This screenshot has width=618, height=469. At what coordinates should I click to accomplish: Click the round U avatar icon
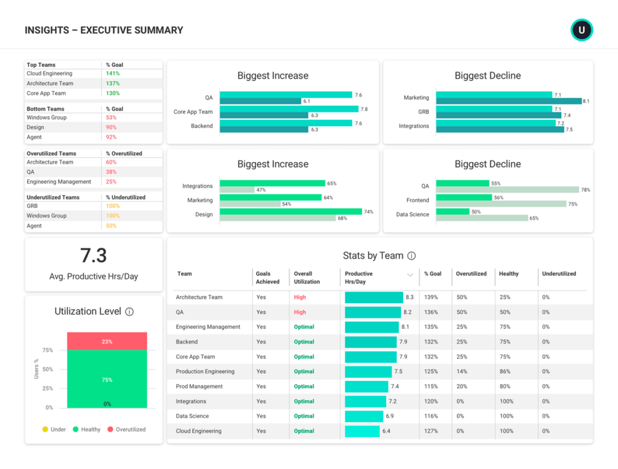pos(582,30)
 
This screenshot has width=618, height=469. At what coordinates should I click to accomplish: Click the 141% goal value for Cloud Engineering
pos(113,74)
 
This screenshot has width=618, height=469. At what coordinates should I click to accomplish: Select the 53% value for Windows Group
pos(111,118)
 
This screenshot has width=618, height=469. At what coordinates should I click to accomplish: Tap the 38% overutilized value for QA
pos(111,172)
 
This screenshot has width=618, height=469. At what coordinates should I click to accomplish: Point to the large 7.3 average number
pos(94,256)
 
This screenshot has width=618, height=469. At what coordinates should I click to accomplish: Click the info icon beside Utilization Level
pos(129,312)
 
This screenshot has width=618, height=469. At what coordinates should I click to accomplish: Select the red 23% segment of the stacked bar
pos(107,342)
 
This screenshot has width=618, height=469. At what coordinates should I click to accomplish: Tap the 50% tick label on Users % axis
pos(48,369)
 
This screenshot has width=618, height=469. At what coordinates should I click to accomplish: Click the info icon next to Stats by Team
pos(412,256)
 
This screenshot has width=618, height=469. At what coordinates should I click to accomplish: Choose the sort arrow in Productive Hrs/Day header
pos(410,275)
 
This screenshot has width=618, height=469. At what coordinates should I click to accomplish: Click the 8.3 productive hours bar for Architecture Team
pos(374,298)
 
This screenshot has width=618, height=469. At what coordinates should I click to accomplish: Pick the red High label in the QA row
pos(300,313)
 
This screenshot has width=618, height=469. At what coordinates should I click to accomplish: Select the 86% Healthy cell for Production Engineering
pos(506,372)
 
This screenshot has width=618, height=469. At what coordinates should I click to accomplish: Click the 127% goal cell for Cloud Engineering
pos(431,431)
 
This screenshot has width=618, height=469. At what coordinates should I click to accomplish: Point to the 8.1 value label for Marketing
pos(586,101)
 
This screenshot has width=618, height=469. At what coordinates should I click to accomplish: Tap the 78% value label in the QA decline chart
pos(585,190)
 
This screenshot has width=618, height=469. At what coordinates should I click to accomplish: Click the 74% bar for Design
pos(291,212)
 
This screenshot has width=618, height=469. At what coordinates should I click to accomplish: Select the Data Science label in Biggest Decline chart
pos(413,215)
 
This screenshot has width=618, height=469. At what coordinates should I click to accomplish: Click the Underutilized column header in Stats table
pos(559,274)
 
